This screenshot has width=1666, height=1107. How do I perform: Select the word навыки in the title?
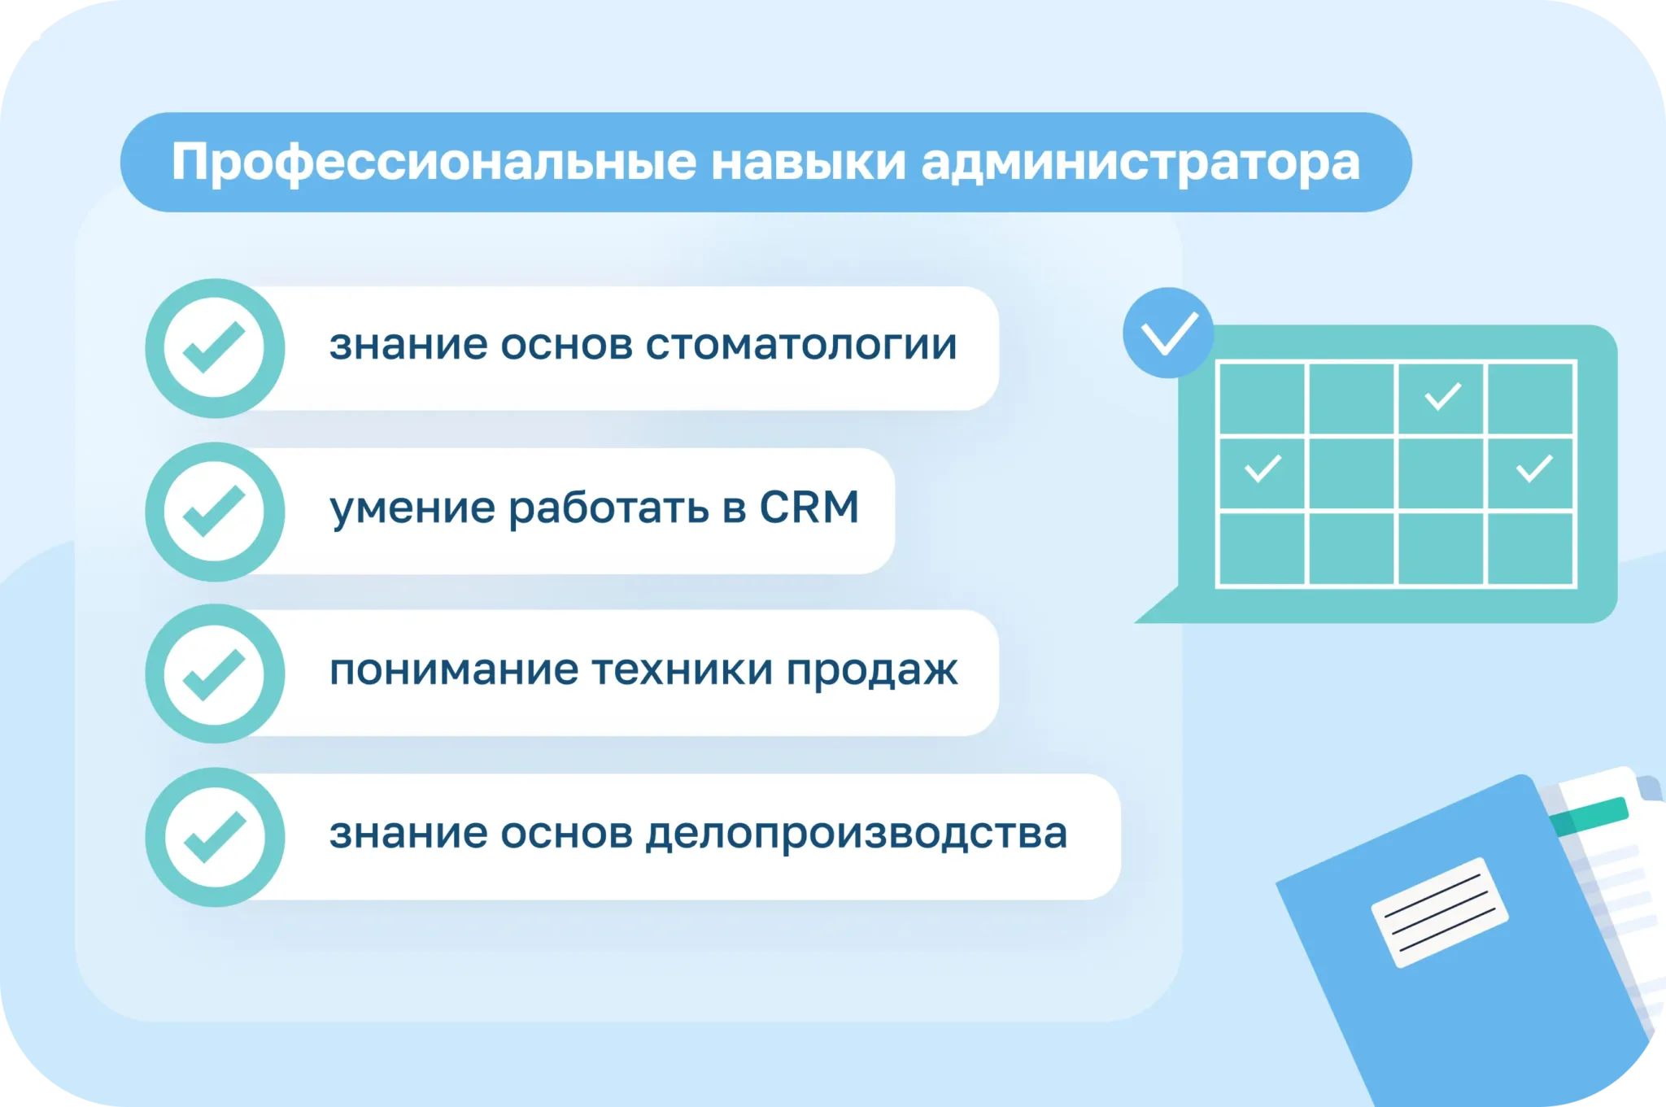pos(809,162)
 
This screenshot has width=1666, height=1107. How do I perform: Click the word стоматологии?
pos(801,345)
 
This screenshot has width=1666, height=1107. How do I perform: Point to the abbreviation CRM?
pos(809,508)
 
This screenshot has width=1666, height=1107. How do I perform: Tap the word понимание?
pos(454,670)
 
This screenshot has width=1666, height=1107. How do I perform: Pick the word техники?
pos(683,670)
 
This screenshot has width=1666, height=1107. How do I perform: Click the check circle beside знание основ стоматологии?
pos(215,348)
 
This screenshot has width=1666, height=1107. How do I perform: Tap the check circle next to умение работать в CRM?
pos(215,512)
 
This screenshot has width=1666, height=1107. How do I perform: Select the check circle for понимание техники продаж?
pos(215,673)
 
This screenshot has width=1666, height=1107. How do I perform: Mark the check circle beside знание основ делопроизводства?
pos(215,837)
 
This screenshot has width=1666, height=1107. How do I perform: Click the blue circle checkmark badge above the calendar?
pos(1168,333)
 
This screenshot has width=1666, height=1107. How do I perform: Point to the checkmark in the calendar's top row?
pos(1443,397)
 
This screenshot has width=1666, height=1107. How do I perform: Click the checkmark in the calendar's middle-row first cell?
pos(1263,469)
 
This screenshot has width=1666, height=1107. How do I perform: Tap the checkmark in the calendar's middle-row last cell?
pos(1535,469)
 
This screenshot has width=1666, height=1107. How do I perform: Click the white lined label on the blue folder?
pos(1440,913)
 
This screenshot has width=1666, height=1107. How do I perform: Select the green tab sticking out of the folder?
pos(1589,817)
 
